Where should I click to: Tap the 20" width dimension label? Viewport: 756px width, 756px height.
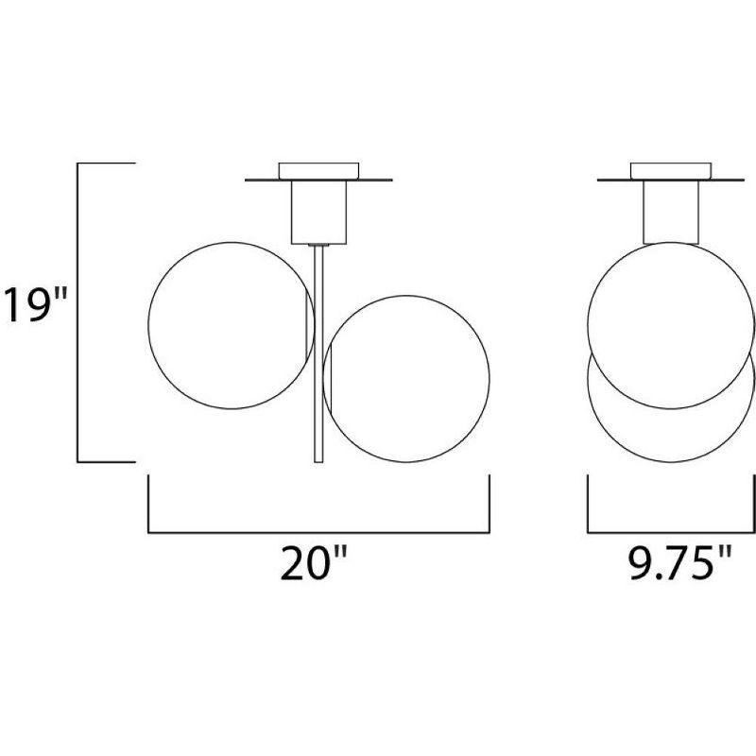[x=315, y=564]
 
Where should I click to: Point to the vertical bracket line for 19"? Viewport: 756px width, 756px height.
[x=78, y=313]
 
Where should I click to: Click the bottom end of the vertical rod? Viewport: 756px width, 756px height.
[x=318, y=459]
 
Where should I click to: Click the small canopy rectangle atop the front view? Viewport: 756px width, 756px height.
[x=318, y=169]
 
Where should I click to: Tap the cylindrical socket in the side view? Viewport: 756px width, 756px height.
[x=671, y=210]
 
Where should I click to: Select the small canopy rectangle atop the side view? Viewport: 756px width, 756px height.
[x=671, y=169]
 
